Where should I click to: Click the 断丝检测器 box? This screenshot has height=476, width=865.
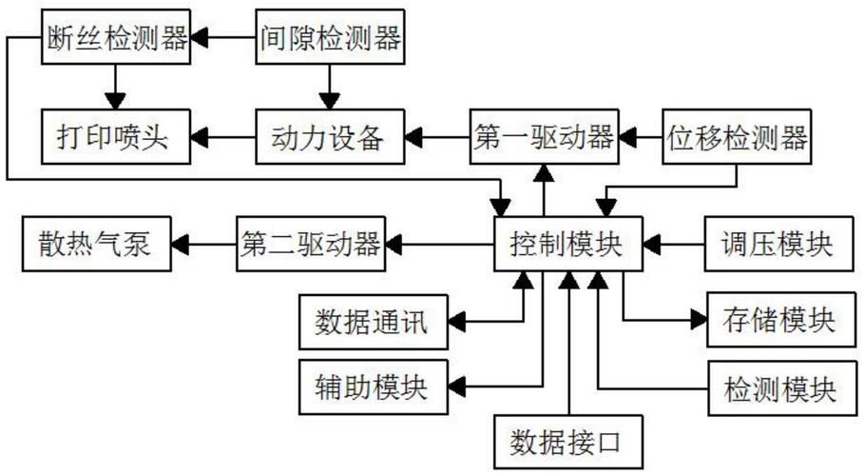tap(117, 39)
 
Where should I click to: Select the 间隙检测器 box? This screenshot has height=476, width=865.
tap(330, 39)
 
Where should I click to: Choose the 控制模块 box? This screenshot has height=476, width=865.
tap(567, 245)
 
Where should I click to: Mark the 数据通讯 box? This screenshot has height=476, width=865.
tap(374, 324)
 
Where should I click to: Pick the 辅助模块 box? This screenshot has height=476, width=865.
tap(374, 387)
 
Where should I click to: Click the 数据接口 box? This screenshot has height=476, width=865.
tap(567, 442)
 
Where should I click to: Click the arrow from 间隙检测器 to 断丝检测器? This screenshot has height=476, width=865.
tap(223, 39)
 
